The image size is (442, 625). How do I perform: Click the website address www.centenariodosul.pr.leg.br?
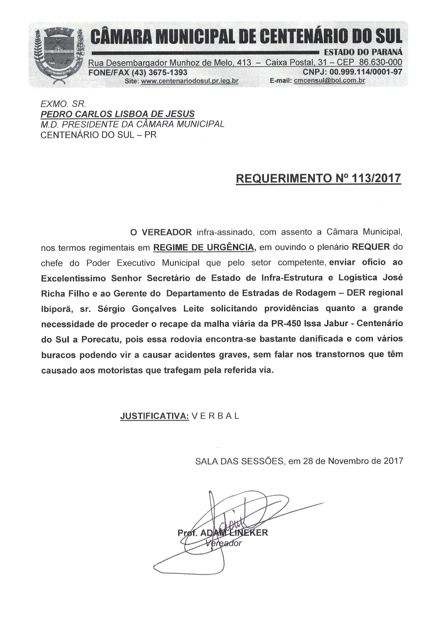[x=190, y=81]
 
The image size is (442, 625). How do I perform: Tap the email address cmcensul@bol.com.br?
[x=329, y=81]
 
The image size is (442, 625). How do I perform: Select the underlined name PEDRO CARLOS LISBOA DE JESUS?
[x=118, y=114]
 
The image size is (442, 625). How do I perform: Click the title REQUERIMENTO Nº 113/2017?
[x=318, y=178]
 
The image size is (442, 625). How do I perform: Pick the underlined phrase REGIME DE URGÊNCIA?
[x=204, y=247]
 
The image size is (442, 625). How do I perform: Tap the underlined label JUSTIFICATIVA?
[x=154, y=416]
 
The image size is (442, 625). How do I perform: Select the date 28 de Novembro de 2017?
[x=353, y=461]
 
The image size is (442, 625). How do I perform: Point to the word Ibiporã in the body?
[x=57, y=309]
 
